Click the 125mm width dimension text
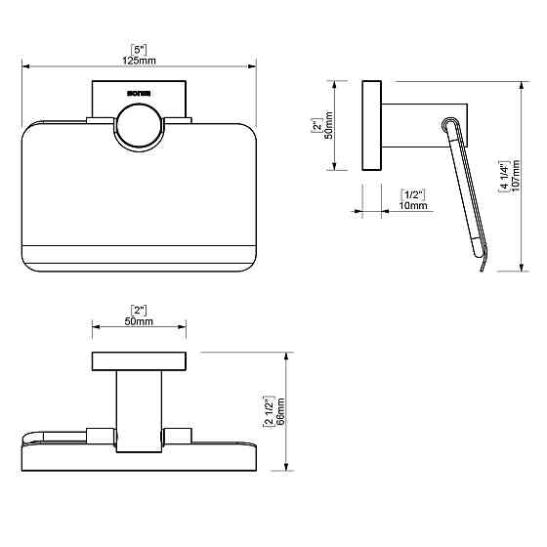(140, 61)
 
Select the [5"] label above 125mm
(140, 49)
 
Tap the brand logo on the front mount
(138, 96)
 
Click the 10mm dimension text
(413, 205)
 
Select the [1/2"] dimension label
(413, 193)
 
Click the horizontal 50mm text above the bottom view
(140, 321)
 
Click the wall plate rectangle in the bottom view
(140, 360)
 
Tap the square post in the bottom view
(140, 410)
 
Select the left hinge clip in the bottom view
(101, 434)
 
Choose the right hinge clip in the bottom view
(179, 434)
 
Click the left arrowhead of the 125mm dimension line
(25, 67)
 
